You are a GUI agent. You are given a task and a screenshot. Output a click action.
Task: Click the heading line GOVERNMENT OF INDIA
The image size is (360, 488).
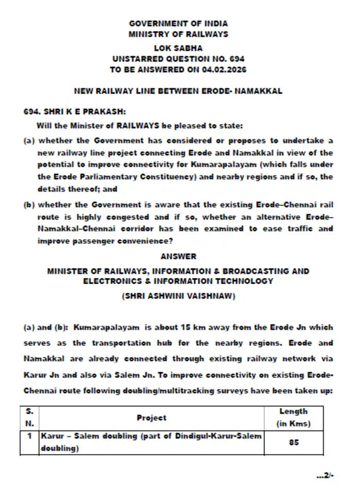(178, 24)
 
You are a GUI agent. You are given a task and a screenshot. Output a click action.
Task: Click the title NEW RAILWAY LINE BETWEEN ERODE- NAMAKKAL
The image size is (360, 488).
(178, 91)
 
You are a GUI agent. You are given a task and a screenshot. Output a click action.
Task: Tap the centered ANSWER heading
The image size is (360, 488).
(178, 256)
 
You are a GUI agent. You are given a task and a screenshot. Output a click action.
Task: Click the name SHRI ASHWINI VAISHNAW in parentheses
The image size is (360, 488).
(178, 297)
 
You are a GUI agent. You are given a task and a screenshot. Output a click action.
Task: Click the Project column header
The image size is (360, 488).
(151, 418)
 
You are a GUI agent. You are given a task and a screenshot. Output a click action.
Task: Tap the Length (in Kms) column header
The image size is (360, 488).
(294, 418)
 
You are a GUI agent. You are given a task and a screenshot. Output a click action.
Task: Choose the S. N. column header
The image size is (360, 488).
(30, 418)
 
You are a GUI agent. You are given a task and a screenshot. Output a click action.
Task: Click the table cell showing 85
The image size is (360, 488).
(294, 442)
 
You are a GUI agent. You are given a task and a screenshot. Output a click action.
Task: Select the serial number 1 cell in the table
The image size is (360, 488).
(30, 437)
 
